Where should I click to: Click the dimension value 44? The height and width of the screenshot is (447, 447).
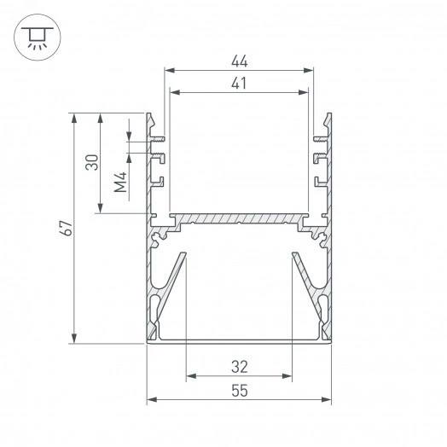240,61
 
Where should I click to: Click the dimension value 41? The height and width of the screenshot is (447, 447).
239,84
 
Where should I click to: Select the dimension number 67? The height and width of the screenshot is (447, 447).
67,228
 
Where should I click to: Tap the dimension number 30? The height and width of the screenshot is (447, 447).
92,162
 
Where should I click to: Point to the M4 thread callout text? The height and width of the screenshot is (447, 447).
120,183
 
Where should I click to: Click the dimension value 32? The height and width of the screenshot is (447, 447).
240,367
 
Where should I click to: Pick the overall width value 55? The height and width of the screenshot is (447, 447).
240,391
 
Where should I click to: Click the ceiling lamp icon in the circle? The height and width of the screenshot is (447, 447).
38,38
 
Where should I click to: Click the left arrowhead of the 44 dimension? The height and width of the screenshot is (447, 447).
170,70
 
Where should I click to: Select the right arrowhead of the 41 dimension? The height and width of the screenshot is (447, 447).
304,92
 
